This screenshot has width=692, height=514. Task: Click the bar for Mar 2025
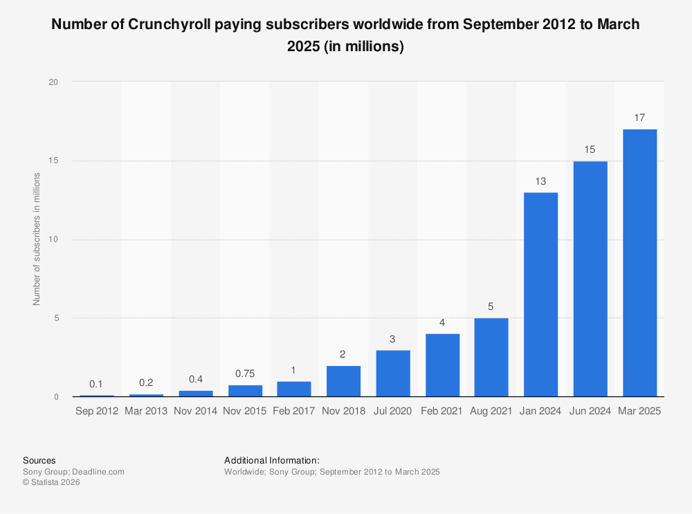point(639,263)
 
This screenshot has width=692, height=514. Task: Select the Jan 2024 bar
point(541,295)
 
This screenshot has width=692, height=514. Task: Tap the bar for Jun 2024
point(590,279)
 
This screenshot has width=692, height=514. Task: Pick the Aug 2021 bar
point(491,358)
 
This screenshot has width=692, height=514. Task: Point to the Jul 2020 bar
point(393,374)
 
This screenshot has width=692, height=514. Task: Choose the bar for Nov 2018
point(343,381)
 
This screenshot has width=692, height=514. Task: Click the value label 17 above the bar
point(639,118)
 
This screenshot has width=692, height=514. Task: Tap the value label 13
point(541,181)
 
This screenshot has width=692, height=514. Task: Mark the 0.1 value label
point(97,384)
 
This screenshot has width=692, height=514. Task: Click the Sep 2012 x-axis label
point(97,411)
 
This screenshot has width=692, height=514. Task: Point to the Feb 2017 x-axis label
point(294,411)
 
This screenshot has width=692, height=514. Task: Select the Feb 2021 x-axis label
point(442,411)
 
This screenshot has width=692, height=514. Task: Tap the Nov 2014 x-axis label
point(196,411)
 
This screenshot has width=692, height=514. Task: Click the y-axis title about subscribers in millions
point(37,239)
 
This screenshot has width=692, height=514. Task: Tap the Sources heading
point(39,460)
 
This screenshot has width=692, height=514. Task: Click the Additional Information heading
point(272,460)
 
